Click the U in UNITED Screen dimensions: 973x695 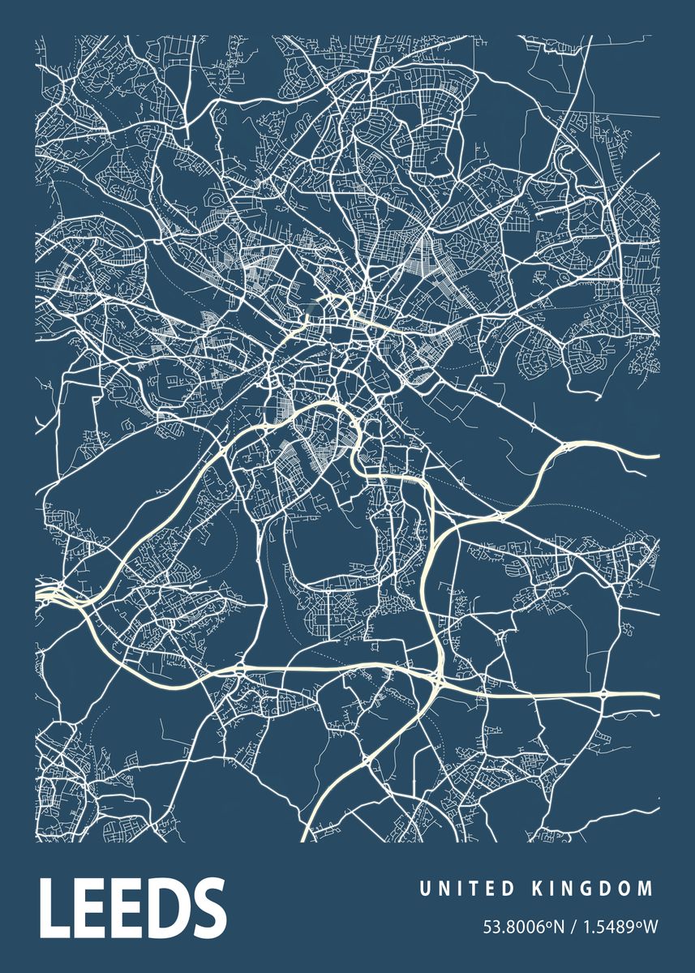click(424, 889)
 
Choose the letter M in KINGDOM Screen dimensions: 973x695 click(646, 889)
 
